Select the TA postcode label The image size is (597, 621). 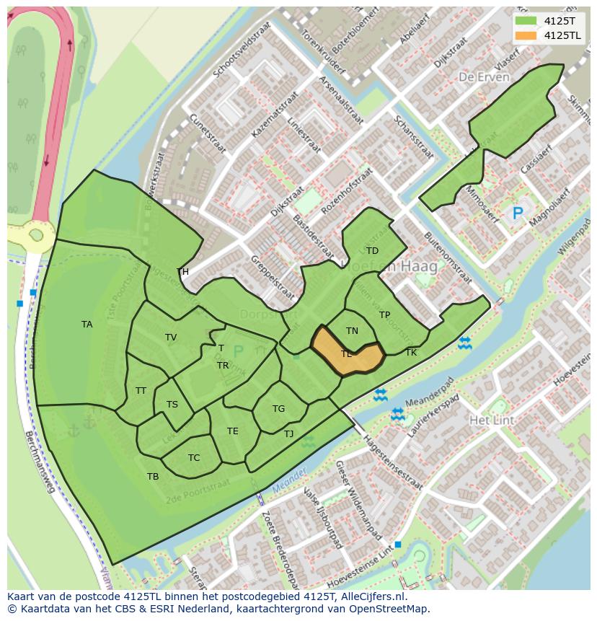tap(87, 325)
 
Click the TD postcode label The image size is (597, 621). tap(372, 251)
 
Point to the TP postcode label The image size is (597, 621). tap(384, 315)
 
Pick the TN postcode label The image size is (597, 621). tap(352, 331)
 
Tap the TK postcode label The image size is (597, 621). tap(411, 353)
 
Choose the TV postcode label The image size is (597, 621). tap(171, 338)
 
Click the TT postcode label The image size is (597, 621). tap(141, 391)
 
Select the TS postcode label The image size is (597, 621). tap(172, 405)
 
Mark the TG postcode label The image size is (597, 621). tap(278, 409)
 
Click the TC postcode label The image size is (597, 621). tap(194, 458)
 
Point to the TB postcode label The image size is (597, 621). tap(153, 477)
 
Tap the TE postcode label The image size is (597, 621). tap(232, 431)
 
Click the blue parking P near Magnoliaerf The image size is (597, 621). tap(517, 213)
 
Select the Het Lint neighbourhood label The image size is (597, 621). tap(490, 420)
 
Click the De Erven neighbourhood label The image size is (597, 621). tap(484, 77)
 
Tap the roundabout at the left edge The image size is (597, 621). tap(31, 234)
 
